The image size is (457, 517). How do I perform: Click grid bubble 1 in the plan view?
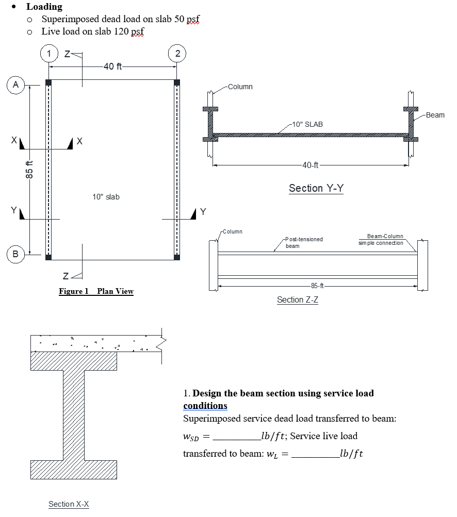pos(49,53)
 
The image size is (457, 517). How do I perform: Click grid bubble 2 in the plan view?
pos(177,53)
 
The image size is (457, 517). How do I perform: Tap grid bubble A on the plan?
pos(15,85)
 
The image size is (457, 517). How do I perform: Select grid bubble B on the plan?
pos(15,254)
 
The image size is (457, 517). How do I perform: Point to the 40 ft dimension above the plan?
pos(112,66)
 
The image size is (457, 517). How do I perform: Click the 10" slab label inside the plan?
pos(106,197)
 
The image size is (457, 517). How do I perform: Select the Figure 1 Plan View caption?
pos(96,291)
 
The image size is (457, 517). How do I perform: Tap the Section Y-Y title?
pos(316,188)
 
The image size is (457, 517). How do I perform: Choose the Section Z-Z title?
pos(297,299)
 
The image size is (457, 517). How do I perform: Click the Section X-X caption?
pos(69,504)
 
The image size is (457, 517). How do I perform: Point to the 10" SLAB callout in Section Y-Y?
pos(307,124)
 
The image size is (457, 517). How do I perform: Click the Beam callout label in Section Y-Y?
pos(435,115)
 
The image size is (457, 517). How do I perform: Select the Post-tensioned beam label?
pos(304,242)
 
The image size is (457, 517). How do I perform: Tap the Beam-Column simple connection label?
pos(385,239)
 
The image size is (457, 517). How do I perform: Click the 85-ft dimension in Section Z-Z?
pos(317,286)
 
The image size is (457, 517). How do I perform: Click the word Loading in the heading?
pos(44,7)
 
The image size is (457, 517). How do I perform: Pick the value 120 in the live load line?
pos(117,32)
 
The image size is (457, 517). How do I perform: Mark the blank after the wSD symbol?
pos(236,437)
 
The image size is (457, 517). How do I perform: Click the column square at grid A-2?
pos(177,82)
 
